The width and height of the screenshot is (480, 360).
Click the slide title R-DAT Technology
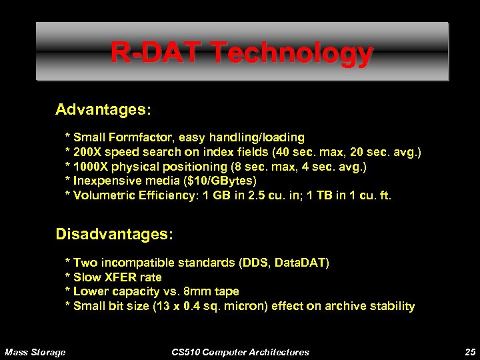pos(241,53)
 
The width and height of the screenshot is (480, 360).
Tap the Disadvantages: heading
pos(114,235)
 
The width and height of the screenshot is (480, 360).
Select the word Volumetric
pos(102,195)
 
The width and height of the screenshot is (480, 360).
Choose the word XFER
pos(120,277)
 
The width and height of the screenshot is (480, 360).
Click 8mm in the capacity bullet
pos(197,291)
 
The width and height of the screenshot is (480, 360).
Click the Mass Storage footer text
pos(35,352)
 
